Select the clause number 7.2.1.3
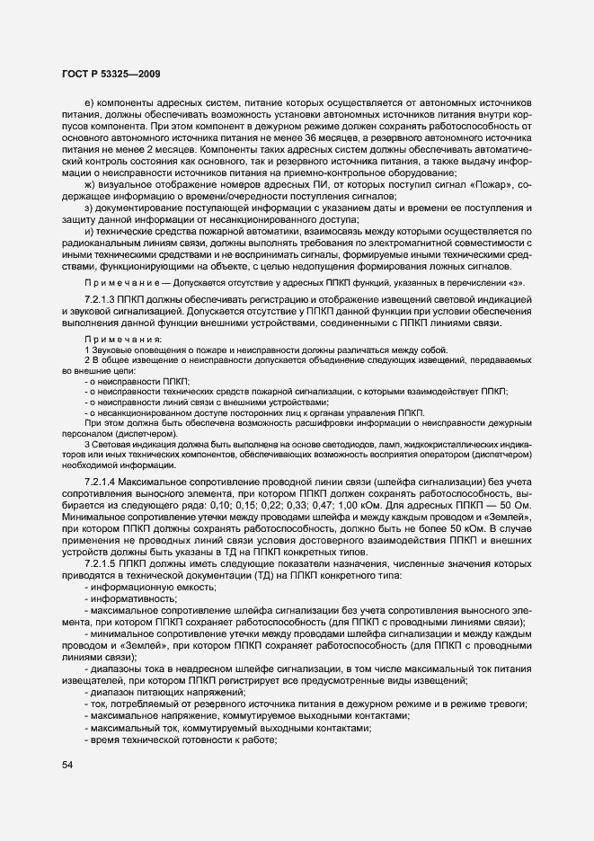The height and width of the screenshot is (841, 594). pyautogui.click(x=105, y=297)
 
